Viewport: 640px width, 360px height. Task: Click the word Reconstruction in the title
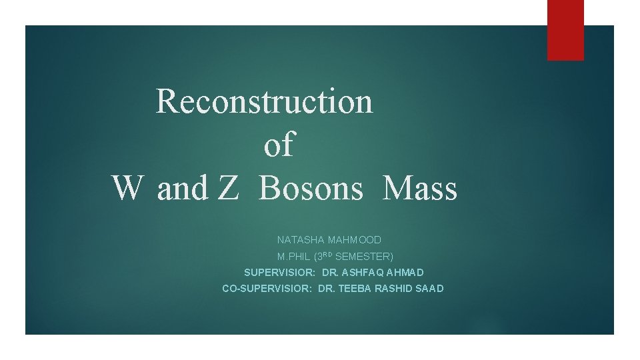click(x=264, y=101)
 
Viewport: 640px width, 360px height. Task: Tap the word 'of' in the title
click(x=279, y=145)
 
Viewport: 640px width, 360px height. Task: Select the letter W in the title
click(x=127, y=188)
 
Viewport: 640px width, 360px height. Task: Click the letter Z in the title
click(x=227, y=188)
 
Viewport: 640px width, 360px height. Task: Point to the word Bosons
click(x=311, y=188)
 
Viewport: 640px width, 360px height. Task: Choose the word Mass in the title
click(x=420, y=188)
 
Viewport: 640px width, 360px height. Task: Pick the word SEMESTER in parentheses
click(x=363, y=257)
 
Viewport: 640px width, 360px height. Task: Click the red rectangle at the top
click(x=565, y=30)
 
